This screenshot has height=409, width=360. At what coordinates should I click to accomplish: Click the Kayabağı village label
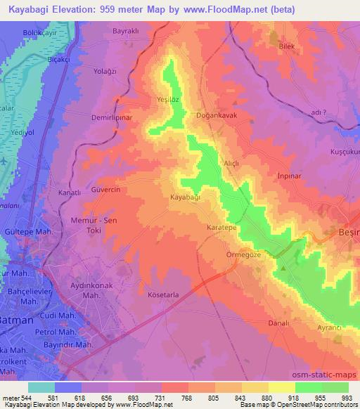[x=186, y=198]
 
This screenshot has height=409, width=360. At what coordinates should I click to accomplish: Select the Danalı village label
[x=279, y=323]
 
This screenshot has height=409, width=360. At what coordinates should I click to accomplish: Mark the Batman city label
[x=15, y=320]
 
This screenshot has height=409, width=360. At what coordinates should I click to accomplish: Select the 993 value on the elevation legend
[x=347, y=398]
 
